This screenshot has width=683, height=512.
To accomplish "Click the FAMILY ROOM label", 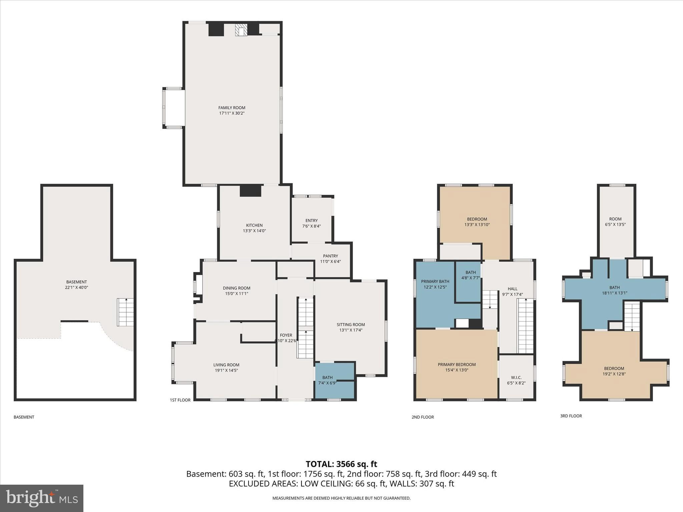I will point(231,108).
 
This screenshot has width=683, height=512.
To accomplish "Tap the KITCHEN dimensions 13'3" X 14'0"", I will point(254,231).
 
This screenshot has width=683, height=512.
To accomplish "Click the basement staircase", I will point(125,312).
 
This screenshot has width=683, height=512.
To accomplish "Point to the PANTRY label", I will point(330,256).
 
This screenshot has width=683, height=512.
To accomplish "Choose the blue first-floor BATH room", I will point(334,381).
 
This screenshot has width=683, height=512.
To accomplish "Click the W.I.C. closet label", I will point(516,377).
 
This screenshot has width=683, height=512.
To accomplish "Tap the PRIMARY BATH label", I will point(435,281).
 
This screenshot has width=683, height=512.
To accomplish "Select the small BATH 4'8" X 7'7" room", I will point(468,282).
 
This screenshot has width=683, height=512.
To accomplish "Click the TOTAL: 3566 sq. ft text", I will point(341,464).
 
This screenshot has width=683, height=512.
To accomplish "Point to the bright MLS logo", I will point(41,498).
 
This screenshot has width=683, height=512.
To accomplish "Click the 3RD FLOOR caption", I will point(571,416).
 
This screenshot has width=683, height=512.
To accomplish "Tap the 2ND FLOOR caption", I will point(423,417).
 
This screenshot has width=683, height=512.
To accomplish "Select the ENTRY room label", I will point(311,220).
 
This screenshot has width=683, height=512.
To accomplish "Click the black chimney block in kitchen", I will point(250,191).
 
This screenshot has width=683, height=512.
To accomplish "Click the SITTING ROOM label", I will point(351,324).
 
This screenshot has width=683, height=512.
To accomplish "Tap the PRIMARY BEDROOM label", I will point(457,364).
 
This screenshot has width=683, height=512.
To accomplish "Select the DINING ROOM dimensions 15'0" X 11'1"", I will point(236,294).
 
